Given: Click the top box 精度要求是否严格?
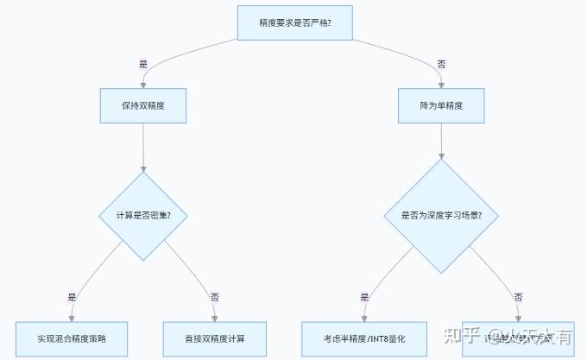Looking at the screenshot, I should point(295,22).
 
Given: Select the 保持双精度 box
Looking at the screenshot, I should point(143,105).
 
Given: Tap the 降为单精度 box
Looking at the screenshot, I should point(441,105).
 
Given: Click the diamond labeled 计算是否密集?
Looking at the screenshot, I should point(143,215).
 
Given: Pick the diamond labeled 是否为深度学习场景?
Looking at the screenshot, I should point(441,215).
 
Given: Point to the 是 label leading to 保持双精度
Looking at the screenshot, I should point(143,65).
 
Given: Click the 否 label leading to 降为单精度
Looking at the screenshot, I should point(441,65).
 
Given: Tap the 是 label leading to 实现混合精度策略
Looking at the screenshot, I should point(72,296).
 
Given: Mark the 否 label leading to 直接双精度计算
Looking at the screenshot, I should point(215,296).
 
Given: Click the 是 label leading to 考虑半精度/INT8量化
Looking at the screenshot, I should point(364,296).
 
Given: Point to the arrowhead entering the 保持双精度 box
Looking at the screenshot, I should point(143,85).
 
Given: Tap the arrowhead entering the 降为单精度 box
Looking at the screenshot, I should point(441,85).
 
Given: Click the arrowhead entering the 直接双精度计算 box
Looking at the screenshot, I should point(215,318).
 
